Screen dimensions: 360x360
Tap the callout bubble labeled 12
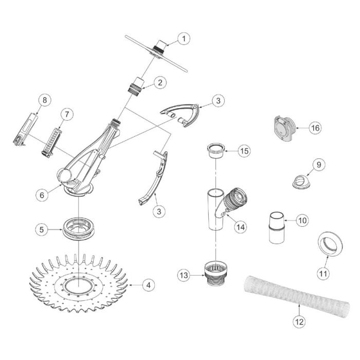pyautogui.click(x=299, y=322)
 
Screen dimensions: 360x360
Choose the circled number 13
pyautogui.click(x=184, y=276)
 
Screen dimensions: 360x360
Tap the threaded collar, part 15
pyautogui.click(x=217, y=151)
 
